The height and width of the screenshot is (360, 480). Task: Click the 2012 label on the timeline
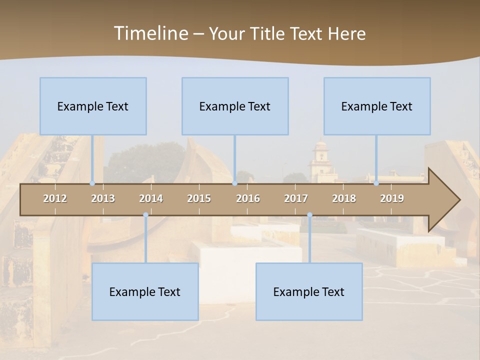tap(55, 198)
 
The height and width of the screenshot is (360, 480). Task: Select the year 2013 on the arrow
tap(103, 198)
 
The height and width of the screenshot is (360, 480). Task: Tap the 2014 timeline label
tap(151, 198)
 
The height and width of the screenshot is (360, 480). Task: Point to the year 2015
tap(199, 198)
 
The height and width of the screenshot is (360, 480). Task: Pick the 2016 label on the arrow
tap(248, 198)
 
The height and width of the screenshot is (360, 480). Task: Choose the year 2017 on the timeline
tap(296, 198)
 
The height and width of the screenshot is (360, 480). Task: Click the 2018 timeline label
tap(344, 198)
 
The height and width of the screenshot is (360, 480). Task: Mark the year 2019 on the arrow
tap(392, 198)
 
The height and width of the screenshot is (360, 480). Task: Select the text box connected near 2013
tap(93, 106)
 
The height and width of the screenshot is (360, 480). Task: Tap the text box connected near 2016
tap(235, 106)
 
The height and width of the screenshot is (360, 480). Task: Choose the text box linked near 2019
tap(377, 106)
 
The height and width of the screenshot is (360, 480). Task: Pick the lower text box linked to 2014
tap(145, 292)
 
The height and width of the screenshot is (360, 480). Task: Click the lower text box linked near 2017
tap(309, 292)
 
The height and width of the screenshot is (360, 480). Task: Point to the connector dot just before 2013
tap(92, 183)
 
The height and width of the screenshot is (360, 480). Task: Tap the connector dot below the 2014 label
tap(145, 215)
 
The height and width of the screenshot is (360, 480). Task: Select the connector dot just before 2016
tap(234, 183)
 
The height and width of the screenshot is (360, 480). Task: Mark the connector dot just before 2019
tap(376, 183)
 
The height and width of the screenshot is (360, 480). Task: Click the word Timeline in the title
tap(150, 33)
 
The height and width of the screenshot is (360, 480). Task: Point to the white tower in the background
tap(320, 162)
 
